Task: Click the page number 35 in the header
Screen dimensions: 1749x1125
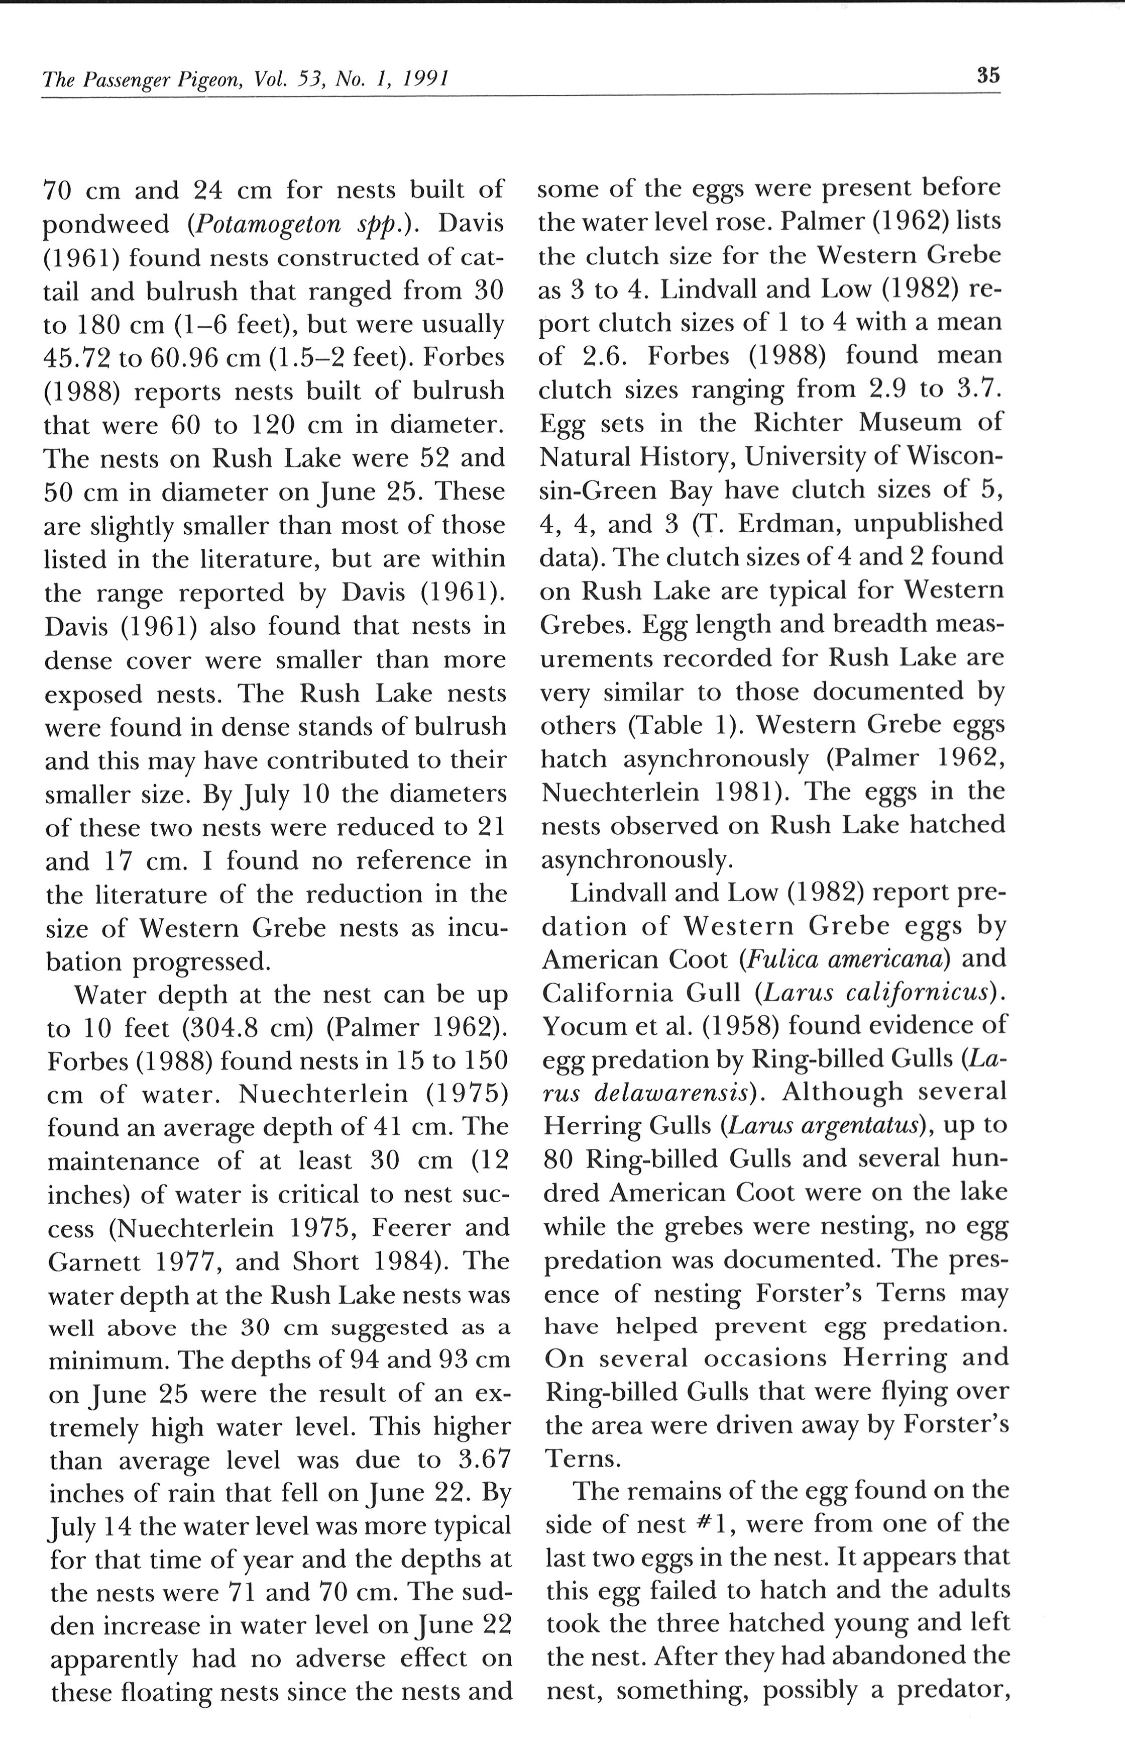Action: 988,75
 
